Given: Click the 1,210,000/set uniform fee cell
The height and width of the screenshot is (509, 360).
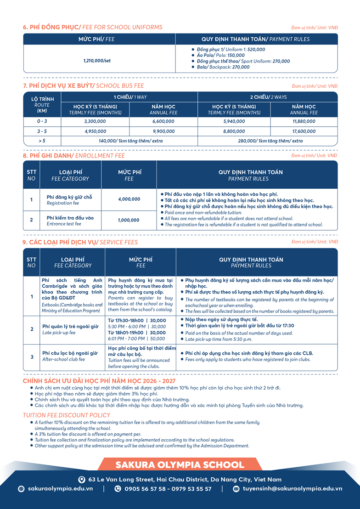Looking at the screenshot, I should click(x=97, y=61).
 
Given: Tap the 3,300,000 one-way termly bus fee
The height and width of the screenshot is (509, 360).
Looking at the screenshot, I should click(x=96, y=121).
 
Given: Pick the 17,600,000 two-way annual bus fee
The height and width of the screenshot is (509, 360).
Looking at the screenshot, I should click(x=304, y=131).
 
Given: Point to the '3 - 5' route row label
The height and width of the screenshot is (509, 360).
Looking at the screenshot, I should click(x=42, y=131).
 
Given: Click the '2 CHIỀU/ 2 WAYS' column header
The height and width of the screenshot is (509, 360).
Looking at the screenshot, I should click(x=268, y=97).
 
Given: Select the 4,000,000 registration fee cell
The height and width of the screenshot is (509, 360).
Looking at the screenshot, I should click(x=129, y=199).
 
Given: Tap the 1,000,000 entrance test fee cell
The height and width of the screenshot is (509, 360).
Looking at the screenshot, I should click(x=129, y=220).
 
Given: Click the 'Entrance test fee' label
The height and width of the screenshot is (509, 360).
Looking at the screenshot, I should click(x=64, y=224).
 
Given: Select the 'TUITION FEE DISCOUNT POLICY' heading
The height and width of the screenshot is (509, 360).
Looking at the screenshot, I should click(x=67, y=415).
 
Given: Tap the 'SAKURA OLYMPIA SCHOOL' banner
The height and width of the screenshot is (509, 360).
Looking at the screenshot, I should click(x=180, y=464).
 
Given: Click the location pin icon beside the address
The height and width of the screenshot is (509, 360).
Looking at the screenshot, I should click(x=82, y=480).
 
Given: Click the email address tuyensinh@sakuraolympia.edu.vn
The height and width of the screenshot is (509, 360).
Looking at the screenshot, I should click(x=292, y=489).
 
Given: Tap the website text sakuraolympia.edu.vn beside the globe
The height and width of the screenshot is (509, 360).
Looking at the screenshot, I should click(x=60, y=489).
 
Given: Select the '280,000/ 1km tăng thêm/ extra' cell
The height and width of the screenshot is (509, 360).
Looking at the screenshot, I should click(x=268, y=141).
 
